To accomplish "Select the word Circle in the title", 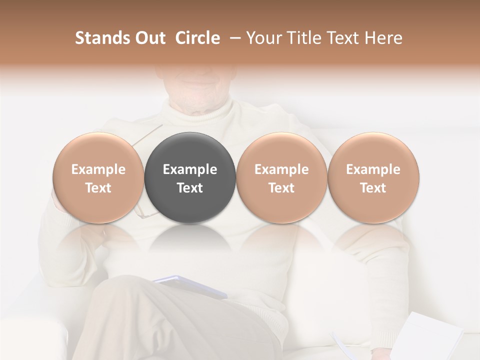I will click(197, 38).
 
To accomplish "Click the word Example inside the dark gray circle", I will click(190, 169).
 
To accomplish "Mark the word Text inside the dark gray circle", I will click(190, 188).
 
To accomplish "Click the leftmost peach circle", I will click(98, 150).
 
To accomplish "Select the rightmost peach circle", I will click(373, 150).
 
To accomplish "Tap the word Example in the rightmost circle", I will click(373, 169).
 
